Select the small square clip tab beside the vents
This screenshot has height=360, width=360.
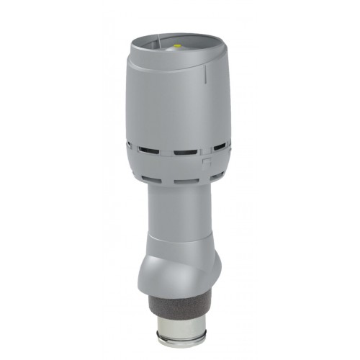[207, 163]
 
